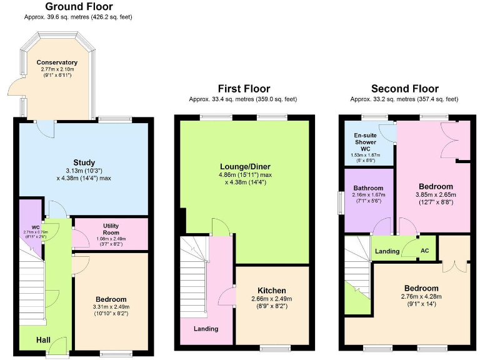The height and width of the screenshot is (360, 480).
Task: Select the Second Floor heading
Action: [x=404, y=88]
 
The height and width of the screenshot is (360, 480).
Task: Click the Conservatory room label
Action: [x=57, y=62]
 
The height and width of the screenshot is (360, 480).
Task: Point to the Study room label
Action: [x=83, y=163]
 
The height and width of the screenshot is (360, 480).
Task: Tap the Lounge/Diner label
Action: [x=244, y=166]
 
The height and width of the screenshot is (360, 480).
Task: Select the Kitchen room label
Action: [x=272, y=291]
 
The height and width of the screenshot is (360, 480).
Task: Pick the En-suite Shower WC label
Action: [x=366, y=141]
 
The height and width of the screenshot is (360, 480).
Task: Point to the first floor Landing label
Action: [x=206, y=329]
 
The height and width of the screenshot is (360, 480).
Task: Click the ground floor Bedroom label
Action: [x=111, y=299]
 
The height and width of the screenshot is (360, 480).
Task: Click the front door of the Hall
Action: [x=57, y=345]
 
